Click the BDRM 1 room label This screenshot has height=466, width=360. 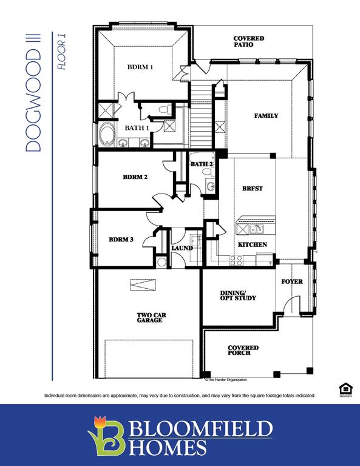140,67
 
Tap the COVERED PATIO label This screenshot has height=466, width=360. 249,42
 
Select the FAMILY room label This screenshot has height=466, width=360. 266,115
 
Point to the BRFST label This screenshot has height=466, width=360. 252,188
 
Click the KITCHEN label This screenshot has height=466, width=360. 252,245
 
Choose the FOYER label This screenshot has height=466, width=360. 291,282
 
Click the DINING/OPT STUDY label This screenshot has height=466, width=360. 237,295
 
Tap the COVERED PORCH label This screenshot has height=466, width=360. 243,350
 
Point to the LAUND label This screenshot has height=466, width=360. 182,248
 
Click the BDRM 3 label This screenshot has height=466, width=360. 121,240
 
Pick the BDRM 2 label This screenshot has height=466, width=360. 135,177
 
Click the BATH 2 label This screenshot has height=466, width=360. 202,164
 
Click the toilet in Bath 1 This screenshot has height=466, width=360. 163,109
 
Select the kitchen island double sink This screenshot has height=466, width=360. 256,229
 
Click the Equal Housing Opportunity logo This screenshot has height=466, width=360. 345,390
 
